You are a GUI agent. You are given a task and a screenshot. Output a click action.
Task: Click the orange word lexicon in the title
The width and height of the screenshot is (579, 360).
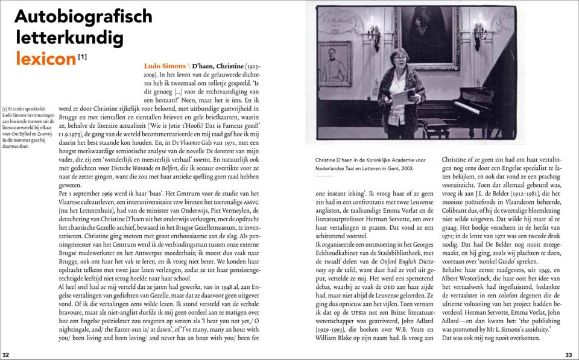(45, 58)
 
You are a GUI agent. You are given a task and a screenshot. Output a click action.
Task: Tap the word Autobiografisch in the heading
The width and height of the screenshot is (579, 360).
(83, 17)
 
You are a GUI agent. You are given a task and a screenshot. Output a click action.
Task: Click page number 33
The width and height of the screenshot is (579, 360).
(568, 355)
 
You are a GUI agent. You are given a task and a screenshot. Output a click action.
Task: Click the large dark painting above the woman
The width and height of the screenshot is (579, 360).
(426, 36)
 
